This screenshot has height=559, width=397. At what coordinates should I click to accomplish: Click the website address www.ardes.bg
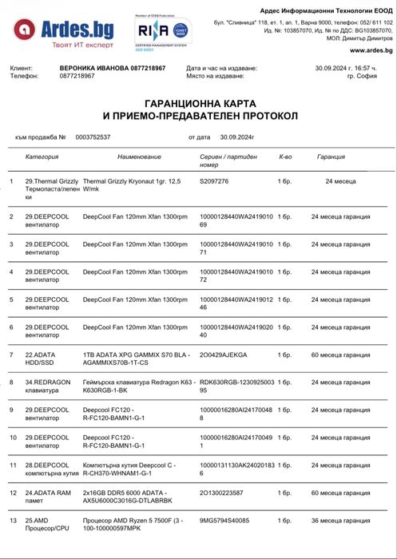(371, 50)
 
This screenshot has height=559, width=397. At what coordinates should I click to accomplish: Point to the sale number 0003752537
(93, 137)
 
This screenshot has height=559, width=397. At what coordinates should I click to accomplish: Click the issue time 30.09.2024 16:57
(354, 69)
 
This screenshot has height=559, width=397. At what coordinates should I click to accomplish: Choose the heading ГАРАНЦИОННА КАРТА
(197, 104)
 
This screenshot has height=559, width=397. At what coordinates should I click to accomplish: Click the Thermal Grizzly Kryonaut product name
(132, 186)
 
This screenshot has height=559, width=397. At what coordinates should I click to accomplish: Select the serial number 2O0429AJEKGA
(223, 353)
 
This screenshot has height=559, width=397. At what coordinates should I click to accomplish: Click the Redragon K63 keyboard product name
(139, 386)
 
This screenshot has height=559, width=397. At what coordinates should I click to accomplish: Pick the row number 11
(12, 465)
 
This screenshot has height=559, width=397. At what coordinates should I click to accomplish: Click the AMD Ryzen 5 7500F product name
(133, 525)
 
